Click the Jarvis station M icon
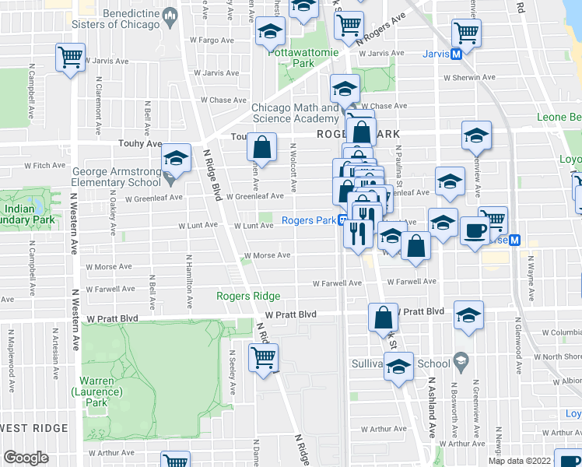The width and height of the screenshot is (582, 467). [458, 54]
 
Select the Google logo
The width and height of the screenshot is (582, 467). [26, 458]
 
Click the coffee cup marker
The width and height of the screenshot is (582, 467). [475, 229]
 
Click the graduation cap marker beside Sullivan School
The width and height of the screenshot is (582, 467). [399, 366]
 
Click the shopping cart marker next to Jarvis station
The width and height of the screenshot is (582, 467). [467, 33]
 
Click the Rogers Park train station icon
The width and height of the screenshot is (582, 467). [342, 220]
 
